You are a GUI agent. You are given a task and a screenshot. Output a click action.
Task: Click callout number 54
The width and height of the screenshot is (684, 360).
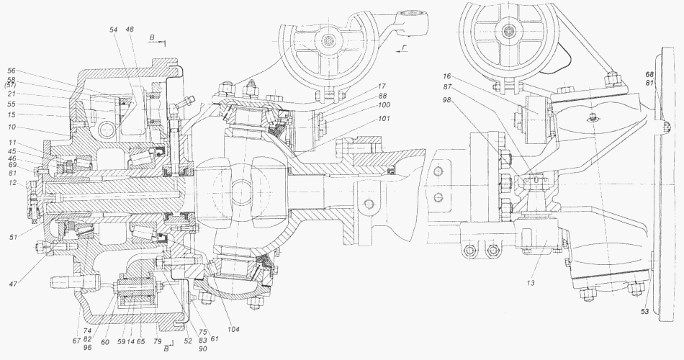pyautogui.click(x=114, y=30)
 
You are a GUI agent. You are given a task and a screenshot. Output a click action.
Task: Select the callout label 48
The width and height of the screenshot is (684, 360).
pyautogui.click(x=129, y=30)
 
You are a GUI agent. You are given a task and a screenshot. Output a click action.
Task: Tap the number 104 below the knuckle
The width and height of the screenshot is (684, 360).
pyautogui.click(x=233, y=330)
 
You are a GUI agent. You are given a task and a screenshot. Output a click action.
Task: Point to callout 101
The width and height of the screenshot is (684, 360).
pyautogui.click(x=385, y=118)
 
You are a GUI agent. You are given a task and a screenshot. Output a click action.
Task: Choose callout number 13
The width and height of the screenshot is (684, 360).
pyautogui.click(x=531, y=283)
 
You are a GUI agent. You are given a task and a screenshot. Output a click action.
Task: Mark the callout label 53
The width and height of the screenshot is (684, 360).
pyautogui.click(x=644, y=311)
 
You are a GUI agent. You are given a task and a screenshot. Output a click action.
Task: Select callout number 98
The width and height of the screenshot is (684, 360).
pyautogui.click(x=446, y=100)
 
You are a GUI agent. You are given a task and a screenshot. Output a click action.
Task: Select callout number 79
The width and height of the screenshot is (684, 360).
pyautogui.click(x=158, y=341)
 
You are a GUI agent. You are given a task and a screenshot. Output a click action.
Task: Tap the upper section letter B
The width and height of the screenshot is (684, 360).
pyautogui.click(x=152, y=37)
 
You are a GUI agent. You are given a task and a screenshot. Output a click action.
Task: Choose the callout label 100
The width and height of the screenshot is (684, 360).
pyautogui.click(x=385, y=104)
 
